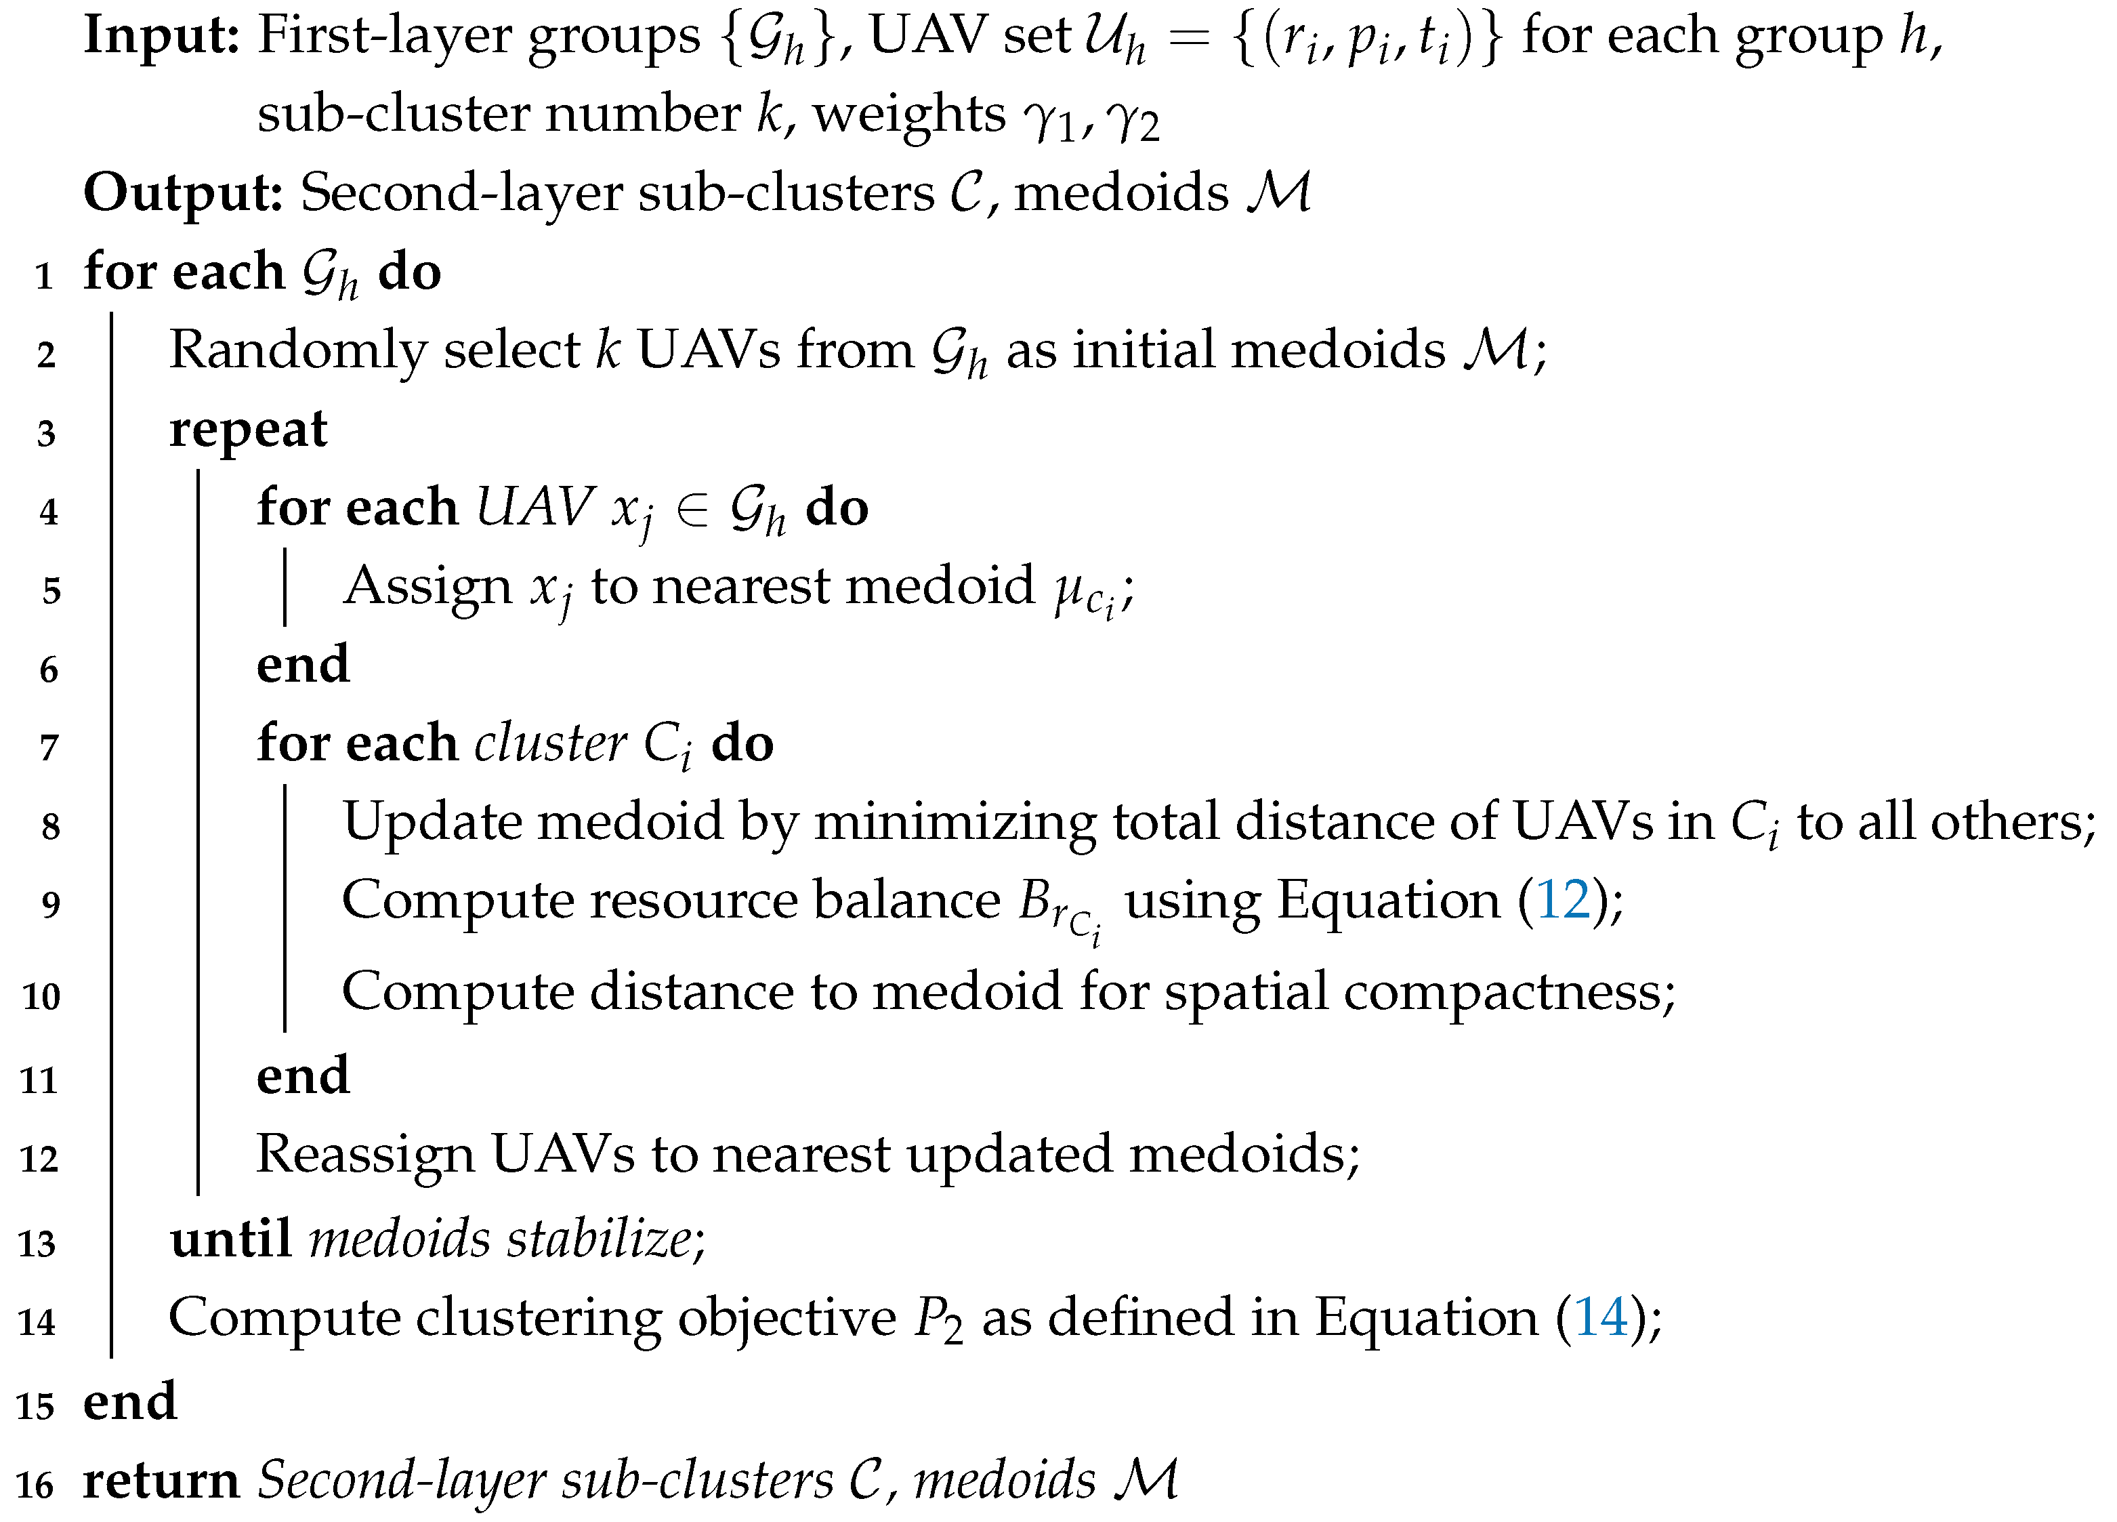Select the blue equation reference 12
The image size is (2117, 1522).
(1563, 900)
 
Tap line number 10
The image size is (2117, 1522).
(41, 996)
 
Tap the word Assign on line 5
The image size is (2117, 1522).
(427, 588)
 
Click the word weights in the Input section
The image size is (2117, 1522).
(908, 116)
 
